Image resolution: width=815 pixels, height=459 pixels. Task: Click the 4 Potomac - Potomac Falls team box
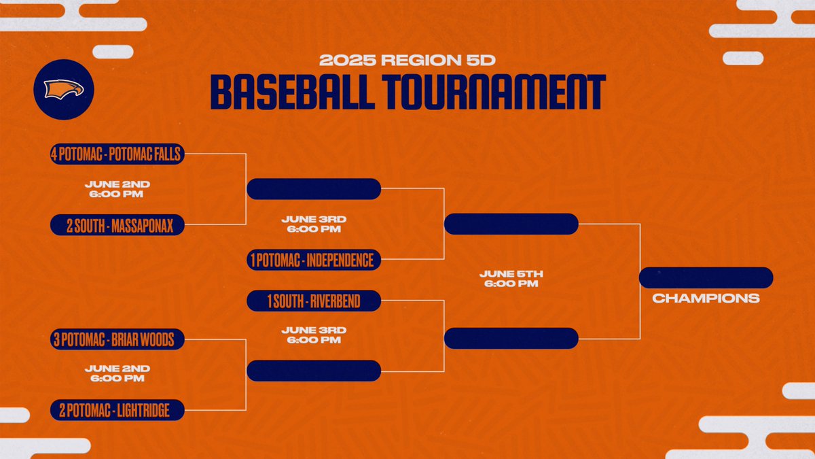(x=117, y=154)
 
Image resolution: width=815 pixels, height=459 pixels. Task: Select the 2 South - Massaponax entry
(x=117, y=226)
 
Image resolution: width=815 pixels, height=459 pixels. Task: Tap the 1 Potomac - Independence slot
(x=314, y=260)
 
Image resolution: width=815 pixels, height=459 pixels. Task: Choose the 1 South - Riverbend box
(x=314, y=301)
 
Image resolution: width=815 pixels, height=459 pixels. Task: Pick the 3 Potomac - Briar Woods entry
(x=117, y=339)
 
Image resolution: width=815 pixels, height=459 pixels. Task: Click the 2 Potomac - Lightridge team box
(x=117, y=409)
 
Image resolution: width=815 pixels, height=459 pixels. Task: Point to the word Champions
(x=706, y=298)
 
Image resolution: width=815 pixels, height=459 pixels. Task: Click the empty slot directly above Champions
(x=706, y=277)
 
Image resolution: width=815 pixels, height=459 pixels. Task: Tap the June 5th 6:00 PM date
(x=511, y=278)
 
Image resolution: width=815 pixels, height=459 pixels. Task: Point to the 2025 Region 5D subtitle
(x=407, y=60)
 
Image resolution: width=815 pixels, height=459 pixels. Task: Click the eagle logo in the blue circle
(x=64, y=89)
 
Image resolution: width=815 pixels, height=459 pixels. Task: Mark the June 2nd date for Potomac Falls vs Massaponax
(x=117, y=189)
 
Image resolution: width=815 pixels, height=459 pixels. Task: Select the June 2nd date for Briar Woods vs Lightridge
(x=117, y=373)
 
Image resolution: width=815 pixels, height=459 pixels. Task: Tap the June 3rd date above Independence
(x=314, y=224)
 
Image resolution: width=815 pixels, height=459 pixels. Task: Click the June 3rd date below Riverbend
(x=314, y=335)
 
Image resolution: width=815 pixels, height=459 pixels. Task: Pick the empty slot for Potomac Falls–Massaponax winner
(x=314, y=188)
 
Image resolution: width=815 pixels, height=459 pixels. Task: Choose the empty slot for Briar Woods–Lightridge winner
(x=314, y=371)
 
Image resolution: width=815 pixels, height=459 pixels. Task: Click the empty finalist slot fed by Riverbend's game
(x=511, y=338)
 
